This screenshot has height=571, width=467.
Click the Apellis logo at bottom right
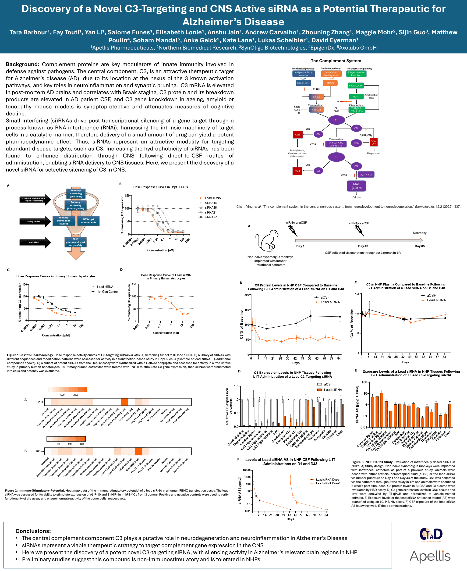pyautogui.click(x=430, y=557)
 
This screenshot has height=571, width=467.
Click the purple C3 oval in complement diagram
pyautogui.click(x=336, y=120)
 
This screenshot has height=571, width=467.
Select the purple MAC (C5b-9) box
pyautogui.click(x=356, y=186)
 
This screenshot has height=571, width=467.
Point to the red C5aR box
pyautogui.click(x=297, y=171)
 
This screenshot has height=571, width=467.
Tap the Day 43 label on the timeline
pyautogui.click(x=363, y=246)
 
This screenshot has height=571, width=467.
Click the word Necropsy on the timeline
pyautogui.click(x=419, y=233)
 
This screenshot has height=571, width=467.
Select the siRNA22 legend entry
pyautogui.click(x=211, y=217)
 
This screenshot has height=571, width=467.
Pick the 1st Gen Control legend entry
pyautogui.click(x=108, y=292)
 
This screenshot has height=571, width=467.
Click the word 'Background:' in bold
pyautogui.click(x=23, y=64)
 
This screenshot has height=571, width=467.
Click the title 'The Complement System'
pyautogui.click(x=336, y=61)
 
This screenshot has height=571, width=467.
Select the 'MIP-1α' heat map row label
pyautogui.click(x=39, y=451)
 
